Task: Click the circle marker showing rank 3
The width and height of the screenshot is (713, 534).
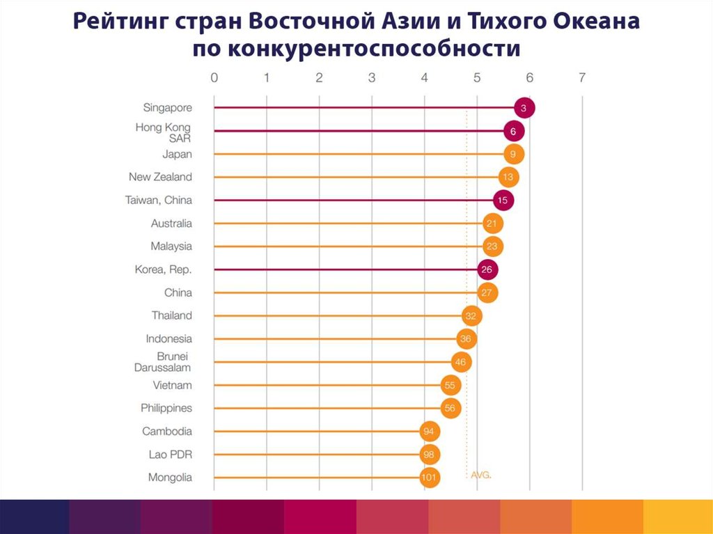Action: [524, 108]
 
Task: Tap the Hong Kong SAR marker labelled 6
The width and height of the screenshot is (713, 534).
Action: [513, 131]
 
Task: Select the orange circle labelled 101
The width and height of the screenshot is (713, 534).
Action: [430, 478]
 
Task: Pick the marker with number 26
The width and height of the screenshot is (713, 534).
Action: [487, 269]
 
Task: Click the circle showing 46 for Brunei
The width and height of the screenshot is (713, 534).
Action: [460, 362]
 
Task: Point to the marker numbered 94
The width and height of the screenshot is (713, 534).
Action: [430, 432]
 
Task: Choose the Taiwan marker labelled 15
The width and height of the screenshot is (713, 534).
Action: [503, 201]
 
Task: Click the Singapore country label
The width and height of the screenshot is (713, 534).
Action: [167, 108]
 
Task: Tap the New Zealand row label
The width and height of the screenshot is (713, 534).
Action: [160, 177]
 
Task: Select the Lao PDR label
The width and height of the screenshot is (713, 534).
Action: [170, 455]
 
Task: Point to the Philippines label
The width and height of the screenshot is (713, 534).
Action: [166, 408]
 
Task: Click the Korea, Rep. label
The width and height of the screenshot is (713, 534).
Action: [163, 269]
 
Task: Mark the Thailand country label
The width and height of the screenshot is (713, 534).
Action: [171, 315]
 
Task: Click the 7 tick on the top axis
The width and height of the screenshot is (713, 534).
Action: [582, 78]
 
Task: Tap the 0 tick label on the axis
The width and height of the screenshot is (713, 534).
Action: [214, 78]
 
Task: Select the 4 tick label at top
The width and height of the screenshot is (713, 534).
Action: [425, 78]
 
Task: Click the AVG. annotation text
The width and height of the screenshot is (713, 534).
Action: [481, 475]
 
